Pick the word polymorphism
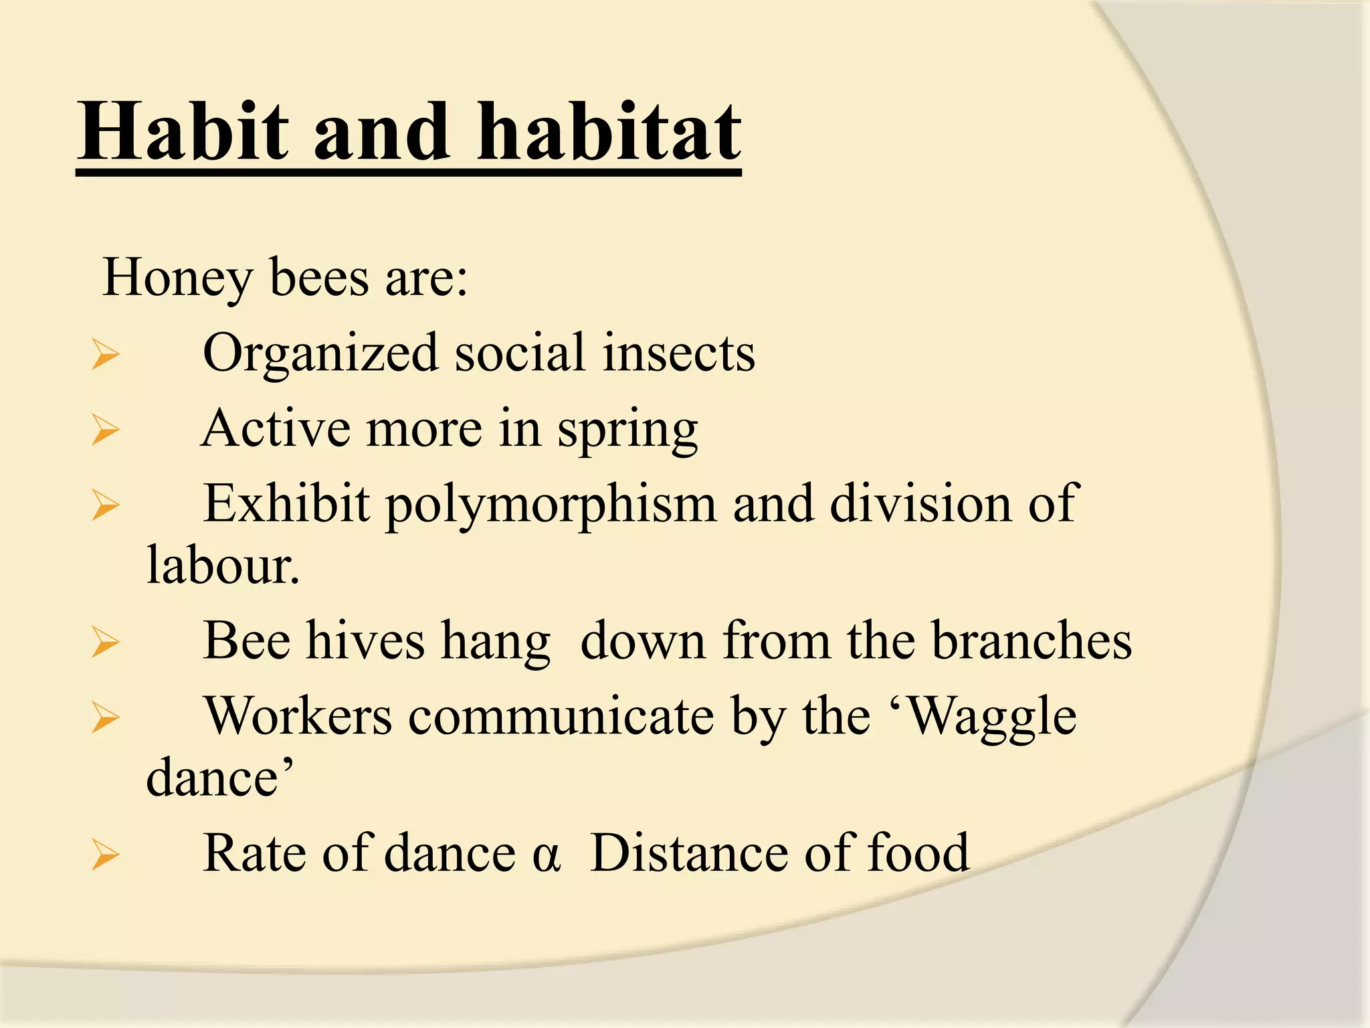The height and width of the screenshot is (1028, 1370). click(551, 505)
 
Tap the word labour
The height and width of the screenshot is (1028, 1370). click(222, 566)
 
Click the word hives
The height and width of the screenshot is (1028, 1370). click(365, 641)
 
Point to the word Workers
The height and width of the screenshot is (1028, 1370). click(298, 717)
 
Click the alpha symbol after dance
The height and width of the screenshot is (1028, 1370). click(546, 856)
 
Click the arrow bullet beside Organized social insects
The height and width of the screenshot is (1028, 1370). click(106, 355)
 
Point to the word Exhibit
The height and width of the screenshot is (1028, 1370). click(286, 504)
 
